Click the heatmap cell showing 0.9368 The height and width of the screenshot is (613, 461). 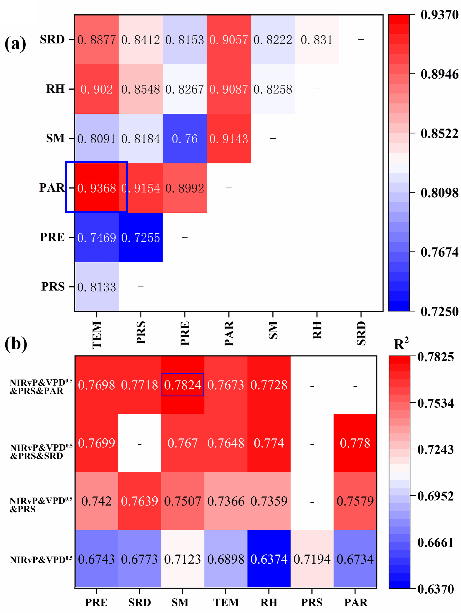pyautogui.click(x=97, y=188)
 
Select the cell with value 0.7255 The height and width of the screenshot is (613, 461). pyautogui.click(x=141, y=238)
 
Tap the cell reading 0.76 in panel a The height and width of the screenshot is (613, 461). pyautogui.click(x=185, y=139)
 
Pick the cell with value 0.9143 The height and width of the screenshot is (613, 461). pyautogui.click(x=229, y=139)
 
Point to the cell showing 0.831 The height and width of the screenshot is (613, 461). pyautogui.click(x=317, y=40)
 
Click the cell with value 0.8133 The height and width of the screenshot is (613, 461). pyautogui.click(x=97, y=287)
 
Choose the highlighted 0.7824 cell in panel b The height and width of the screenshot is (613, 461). pyautogui.click(x=183, y=385)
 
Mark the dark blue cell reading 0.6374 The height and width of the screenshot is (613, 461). pyautogui.click(x=269, y=559)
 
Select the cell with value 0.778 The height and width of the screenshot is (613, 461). pyautogui.click(x=355, y=443)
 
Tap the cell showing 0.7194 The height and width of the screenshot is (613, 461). pyautogui.click(x=312, y=559)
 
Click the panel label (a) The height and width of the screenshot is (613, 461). pyautogui.click(x=16, y=43)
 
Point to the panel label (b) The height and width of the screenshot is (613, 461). pyautogui.click(x=16, y=344)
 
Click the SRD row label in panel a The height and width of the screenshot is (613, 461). pyautogui.click(x=52, y=40)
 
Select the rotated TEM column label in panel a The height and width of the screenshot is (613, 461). pyautogui.click(x=97, y=335)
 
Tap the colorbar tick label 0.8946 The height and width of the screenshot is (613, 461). pyautogui.click(x=439, y=74)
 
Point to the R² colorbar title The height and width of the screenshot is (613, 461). pyautogui.click(x=401, y=344)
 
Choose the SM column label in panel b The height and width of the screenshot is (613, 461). pyautogui.click(x=180, y=602)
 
